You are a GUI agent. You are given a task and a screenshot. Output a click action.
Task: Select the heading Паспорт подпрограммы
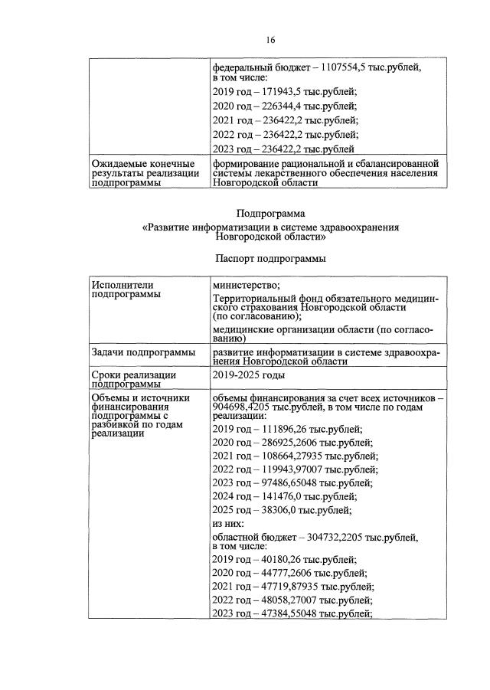(271, 259)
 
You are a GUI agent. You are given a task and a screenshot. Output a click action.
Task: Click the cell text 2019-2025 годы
(249, 375)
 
